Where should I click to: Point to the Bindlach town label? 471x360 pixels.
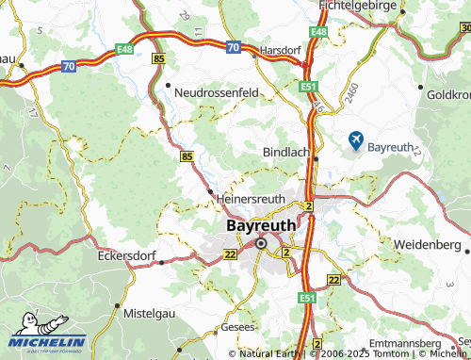(x=285, y=152)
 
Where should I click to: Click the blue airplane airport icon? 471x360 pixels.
(x=355, y=140)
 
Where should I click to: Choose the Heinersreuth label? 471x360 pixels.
(x=250, y=199)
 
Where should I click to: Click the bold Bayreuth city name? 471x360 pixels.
(x=261, y=226)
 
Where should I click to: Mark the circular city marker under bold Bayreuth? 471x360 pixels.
(x=261, y=245)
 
